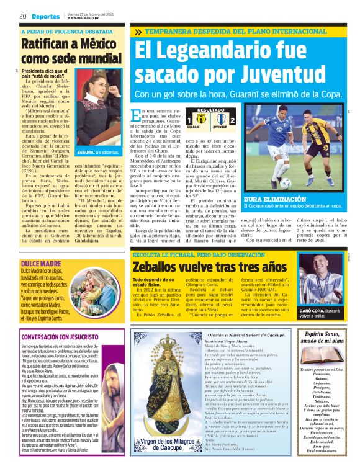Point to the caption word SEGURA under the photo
click(x=85, y=151)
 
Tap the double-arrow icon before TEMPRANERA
click(x=137, y=31)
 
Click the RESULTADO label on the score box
click(x=193, y=110)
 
